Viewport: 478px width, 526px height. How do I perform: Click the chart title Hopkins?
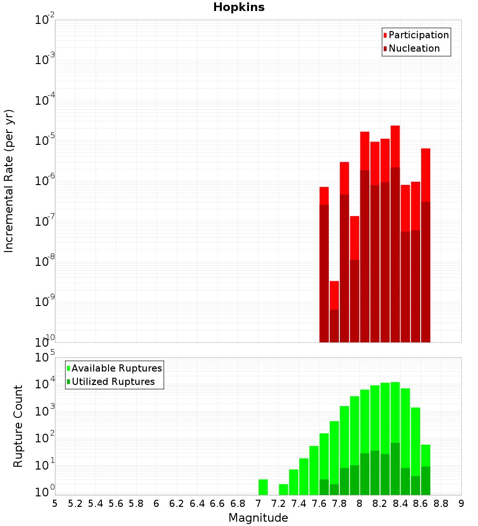tap(239, 7)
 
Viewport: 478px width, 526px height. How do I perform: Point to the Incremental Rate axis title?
tap(9, 181)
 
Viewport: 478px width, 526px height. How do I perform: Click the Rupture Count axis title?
tap(18, 426)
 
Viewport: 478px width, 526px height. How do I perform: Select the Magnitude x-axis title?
tap(258, 518)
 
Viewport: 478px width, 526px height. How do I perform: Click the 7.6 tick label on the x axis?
tap(319, 504)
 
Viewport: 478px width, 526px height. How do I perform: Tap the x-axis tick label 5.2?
tap(75, 504)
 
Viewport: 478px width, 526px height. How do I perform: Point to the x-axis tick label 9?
tap(461, 504)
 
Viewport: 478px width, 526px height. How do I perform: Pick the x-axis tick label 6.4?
tap(197, 504)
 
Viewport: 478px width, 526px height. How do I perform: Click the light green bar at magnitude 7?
tap(263, 487)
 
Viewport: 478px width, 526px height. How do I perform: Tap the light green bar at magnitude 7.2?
tap(283, 489)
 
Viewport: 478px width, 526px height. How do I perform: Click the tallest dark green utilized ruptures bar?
tap(395, 469)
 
